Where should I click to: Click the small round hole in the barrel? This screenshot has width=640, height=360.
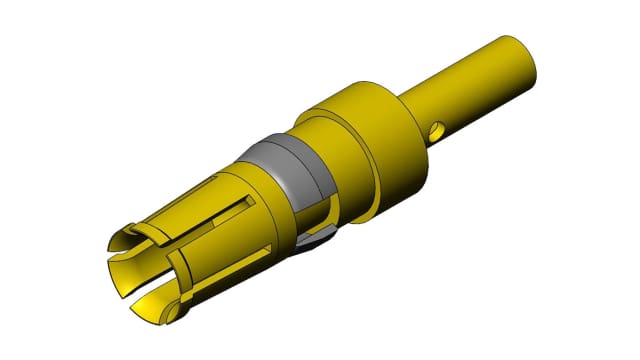point(435,130)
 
